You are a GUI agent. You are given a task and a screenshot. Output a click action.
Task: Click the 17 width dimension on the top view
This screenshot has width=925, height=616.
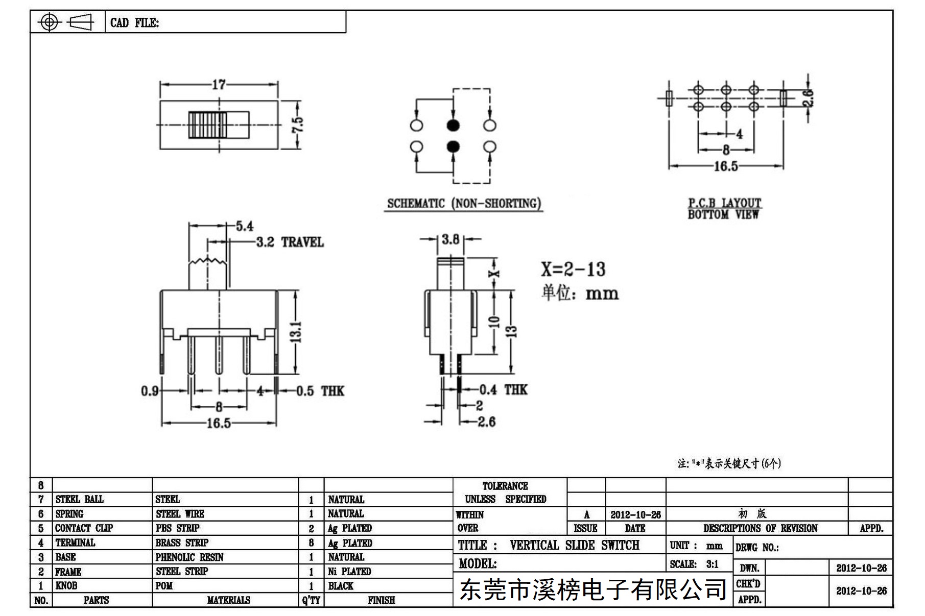point(219,84)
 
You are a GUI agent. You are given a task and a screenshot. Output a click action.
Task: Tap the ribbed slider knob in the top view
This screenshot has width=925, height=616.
point(207,125)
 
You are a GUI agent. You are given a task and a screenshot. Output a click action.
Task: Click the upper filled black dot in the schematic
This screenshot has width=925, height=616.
point(453,125)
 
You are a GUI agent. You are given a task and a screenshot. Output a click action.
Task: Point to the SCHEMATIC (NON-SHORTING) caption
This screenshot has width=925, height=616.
point(464,204)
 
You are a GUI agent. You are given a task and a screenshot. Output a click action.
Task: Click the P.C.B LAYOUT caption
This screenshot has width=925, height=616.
point(724,203)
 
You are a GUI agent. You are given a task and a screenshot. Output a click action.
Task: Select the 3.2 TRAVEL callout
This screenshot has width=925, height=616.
point(290,242)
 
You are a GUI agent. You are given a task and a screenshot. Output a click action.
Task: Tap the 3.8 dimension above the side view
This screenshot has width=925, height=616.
point(450,239)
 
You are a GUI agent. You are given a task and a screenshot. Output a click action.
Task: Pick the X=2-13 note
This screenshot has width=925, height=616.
point(573,269)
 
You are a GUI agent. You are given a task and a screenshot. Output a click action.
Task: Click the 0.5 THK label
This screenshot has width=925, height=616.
point(320,391)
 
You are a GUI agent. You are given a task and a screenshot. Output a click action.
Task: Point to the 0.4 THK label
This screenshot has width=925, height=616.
point(503,390)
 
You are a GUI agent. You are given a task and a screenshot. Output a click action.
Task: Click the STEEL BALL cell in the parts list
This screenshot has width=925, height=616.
point(79,499)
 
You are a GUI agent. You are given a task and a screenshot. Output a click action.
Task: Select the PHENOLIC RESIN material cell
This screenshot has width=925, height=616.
point(189,557)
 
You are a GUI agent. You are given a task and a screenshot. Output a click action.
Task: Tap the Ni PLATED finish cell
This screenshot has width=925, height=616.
point(349,571)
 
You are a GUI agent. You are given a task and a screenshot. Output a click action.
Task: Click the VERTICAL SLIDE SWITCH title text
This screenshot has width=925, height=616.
point(575,545)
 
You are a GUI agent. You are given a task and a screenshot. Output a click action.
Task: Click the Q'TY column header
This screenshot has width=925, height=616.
point(311,600)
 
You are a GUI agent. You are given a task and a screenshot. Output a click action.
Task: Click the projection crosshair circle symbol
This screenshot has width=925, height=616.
point(50,22)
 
